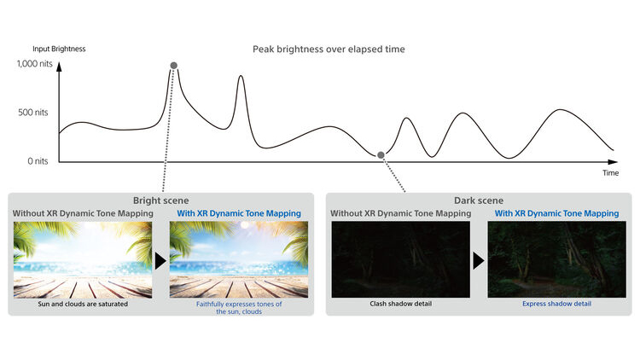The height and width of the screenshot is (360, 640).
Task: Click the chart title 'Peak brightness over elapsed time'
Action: pyautogui.click(x=329, y=49)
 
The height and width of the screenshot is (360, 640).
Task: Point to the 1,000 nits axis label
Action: pyautogui.click(x=35, y=64)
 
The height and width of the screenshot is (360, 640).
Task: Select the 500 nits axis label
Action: pyautogui.click(x=33, y=113)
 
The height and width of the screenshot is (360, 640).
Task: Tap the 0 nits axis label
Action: pyautogui.click(x=38, y=161)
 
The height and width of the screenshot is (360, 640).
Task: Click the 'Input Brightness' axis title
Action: pyautogui.click(x=59, y=49)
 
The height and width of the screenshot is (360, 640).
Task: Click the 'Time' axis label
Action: pyautogui.click(x=611, y=172)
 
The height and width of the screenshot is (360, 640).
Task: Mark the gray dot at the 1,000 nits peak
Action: pyautogui.click(x=174, y=66)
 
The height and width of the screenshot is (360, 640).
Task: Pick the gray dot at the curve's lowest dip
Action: pyautogui.click(x=381, y=155)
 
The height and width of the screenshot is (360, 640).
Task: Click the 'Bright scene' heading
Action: pyautogui.click(x=160, y=200)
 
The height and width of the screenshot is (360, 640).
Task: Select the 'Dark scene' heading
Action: pyautogui.click(x=479, y=200)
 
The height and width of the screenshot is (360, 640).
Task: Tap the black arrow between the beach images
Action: pyautogui.click(x=160, y=260)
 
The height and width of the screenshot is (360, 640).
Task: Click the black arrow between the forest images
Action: pyautogui.click(x=479, y=260)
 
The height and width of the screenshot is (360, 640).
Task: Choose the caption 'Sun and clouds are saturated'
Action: pyautogui.click(x=83, y=304)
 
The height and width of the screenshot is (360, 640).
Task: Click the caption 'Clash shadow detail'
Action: pyautogui.click(x=401, y=304)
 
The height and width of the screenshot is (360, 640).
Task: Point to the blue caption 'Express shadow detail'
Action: pyautogui.click(x=556, y=304)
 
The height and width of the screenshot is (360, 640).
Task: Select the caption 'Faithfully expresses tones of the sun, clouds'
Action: pyautogui.click(x=239, y=308)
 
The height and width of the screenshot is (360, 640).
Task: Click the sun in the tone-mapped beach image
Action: pyautogui.click(x=245, y=225)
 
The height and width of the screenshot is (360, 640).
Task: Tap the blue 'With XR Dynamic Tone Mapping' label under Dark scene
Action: pyautogui.click(x=556, y=213)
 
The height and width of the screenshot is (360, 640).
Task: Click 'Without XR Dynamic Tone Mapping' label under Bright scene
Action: pyautogui.click(x=83, y=213)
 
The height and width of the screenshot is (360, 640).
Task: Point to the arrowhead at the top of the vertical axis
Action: pyautogui.click(x=59, y=67)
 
